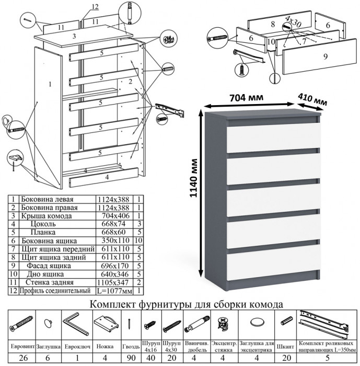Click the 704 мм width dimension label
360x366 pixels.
[246, 98]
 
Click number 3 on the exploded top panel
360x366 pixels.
[75, 36]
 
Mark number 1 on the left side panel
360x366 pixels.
[48, 84]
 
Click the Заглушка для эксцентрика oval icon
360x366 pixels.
[256, 323]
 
